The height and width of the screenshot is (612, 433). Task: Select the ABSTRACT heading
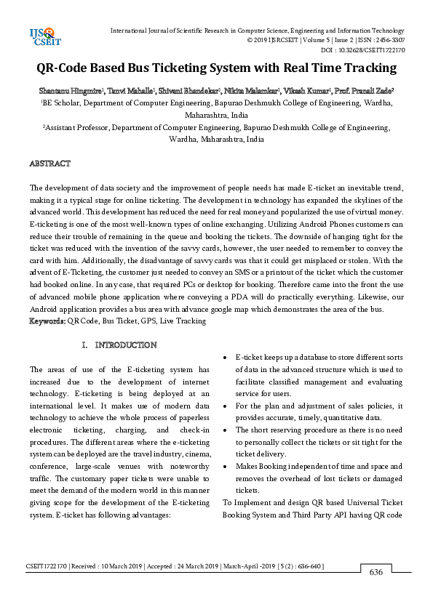pos(49,164)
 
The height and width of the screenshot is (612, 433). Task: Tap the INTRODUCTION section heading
pos(125,345)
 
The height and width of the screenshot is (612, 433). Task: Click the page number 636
pos(376,572)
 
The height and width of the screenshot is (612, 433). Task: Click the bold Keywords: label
pos(47,321)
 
